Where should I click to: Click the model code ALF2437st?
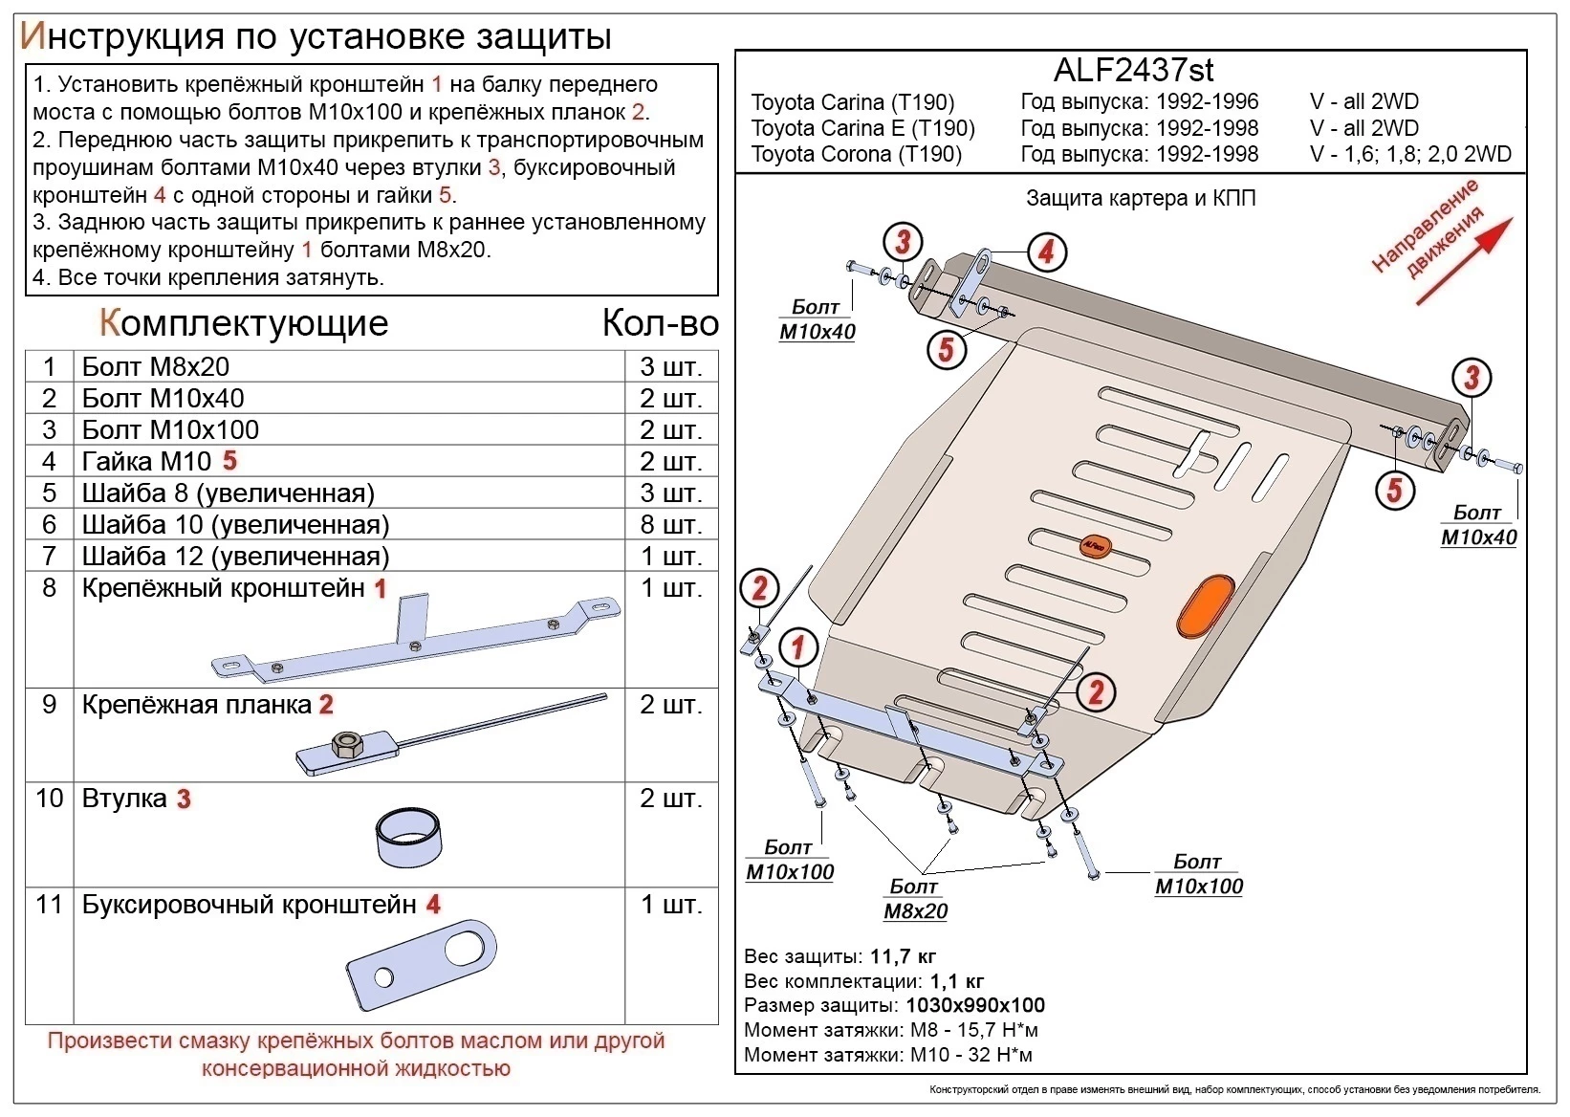[1133, 70]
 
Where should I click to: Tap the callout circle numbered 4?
[1046, 252]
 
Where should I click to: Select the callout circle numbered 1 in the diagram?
[797, 647]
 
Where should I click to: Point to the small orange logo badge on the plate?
[1094, 546]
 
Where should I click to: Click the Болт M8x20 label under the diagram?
[915, 899]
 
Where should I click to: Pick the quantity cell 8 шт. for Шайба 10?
[671, 524]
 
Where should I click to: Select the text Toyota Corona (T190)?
[856, 154]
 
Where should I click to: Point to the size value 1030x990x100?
[974, 1006]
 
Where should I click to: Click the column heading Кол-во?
[660, 324]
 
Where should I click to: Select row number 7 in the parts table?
[49, 556]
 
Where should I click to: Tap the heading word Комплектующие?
[244, 323]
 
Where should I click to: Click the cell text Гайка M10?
[146, 461]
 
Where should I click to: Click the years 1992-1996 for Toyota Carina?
[1207, 101]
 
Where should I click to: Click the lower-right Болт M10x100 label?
[1198, 874]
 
